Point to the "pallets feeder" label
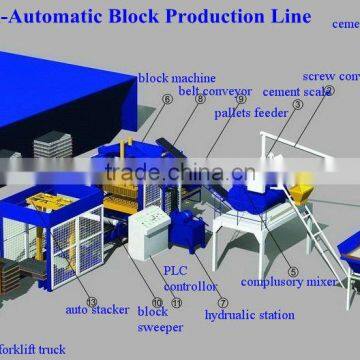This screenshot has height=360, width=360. [251, 113]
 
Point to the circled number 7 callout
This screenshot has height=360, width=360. [222, 302]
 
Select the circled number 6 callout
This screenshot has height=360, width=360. [167, 101]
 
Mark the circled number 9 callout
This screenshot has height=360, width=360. [241, 99]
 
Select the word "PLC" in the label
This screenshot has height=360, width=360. [173, 270]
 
